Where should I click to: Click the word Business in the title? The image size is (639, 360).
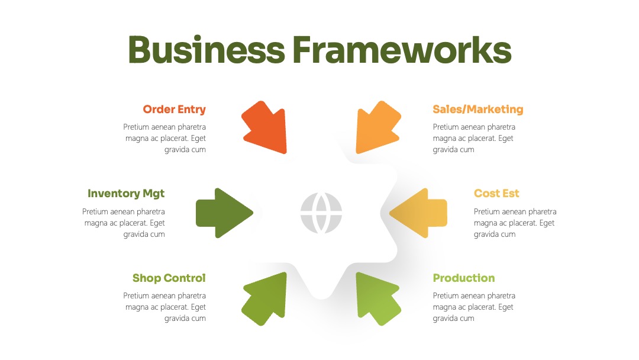(x=206, y=50)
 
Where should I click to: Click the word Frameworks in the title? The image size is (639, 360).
(x=402, y=50)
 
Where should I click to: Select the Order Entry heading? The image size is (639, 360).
(x=175, y=110)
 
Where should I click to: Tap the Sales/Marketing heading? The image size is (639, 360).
(x=478, y=110)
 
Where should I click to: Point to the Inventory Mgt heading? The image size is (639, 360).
(x=127, y=194)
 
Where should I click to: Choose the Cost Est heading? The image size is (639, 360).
(x=496, y=193)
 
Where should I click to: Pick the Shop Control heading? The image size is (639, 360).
(x=169, y=278)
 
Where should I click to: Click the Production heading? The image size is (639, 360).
(x=464, y=278)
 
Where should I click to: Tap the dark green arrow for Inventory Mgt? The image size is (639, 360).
(x=224, y=213)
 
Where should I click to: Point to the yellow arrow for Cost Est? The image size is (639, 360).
(x=418, y=213)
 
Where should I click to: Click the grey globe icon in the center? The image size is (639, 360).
(x=321, y=213)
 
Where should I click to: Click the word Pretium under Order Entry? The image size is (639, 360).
(x=135, y=127)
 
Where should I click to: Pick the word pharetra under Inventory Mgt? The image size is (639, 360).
(x=151, y=212)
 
